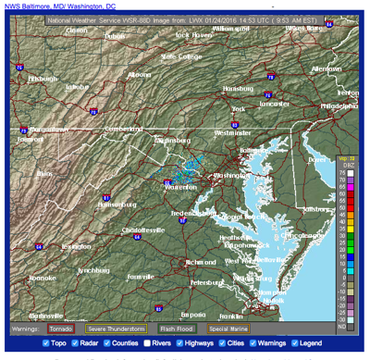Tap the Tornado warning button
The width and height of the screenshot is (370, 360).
pos(62,328)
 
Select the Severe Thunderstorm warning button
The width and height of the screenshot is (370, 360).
pos(116,328)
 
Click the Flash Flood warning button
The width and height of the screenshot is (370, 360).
pos(176,328)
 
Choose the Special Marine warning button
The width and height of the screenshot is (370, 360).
pos(228,328)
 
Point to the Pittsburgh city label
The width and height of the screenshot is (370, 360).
pos(42,79)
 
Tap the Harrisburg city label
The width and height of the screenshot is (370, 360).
pos(238,88)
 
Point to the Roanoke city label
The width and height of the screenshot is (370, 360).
pos(42,277)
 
